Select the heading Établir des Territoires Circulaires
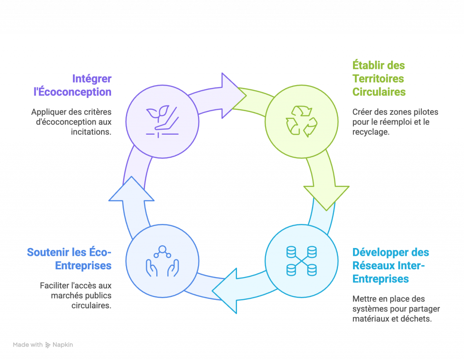click(x=378, y=78)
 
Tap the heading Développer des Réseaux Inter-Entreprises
click(x=390, y=265)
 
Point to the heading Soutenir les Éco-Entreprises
click(x=69, y=258)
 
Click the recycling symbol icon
click(x=301, y=121)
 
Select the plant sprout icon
click(x=162, y=121)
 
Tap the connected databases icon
click(x=301, y=261)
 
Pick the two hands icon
click(x=162, y=262)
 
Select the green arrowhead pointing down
click(x=326, y=195)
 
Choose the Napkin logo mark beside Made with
click(x=48, y=345)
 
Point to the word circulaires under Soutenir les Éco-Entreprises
click(x=92, y=306)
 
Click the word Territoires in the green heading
click(x=378, y=78)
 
